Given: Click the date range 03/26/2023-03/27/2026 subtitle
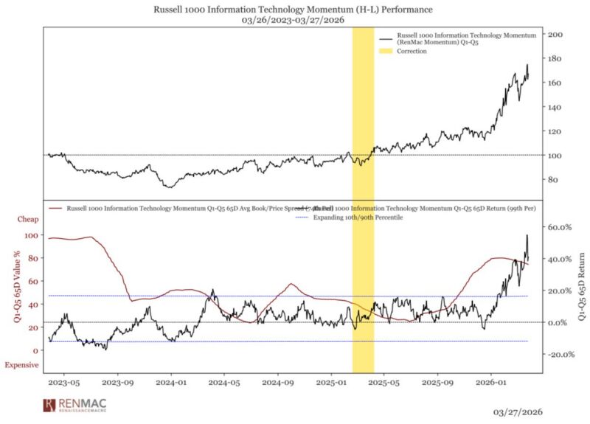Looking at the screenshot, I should coord(294,21).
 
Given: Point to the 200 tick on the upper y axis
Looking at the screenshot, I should coord(556,35).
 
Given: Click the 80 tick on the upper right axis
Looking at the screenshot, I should coord(554,180).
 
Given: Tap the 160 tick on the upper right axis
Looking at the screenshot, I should coord(556,83).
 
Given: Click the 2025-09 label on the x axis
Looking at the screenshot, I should coord(438,383).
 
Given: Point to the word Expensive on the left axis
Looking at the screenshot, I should coord(21,365).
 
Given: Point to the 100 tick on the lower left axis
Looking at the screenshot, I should coord(32,235).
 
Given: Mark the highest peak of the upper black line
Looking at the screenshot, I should coord(527,65).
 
